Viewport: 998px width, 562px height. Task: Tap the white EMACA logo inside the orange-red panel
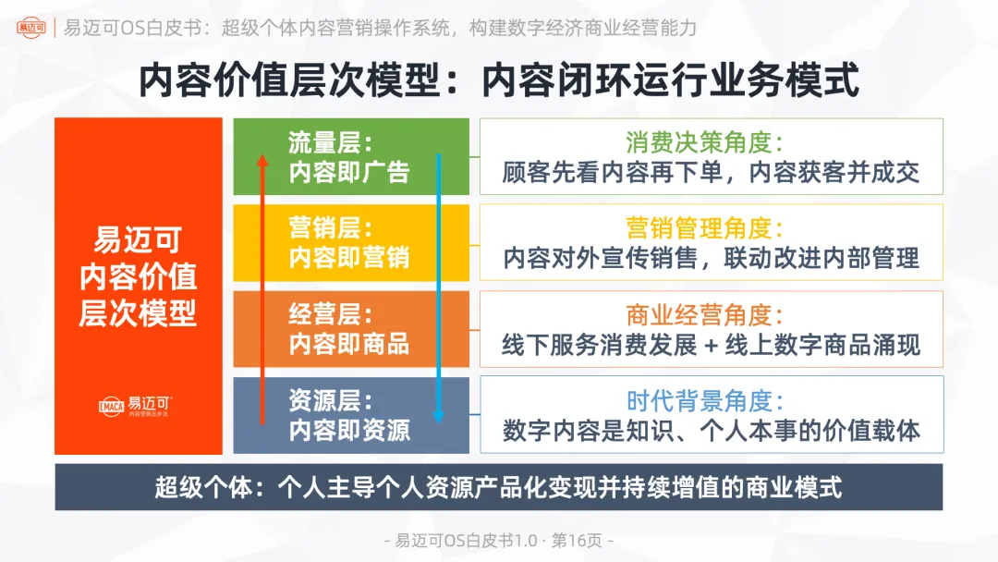[x=138, y=406]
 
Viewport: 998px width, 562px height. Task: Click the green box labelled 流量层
[x=350, y=156]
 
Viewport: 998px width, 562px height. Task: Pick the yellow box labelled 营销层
[x=350, y=242]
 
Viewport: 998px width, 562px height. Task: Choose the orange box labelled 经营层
[x=350, y=328]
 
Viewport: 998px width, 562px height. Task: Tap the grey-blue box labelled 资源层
[x=350, y=415]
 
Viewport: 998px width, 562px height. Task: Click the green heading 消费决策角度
[x=704, y=142]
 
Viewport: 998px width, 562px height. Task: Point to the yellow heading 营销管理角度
[x=704, y=228]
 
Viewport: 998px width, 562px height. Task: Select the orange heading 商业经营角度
[x=704, y=314]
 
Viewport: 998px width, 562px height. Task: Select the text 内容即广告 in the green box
[x=349, y=172]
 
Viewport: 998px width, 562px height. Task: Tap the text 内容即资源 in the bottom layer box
[x=349, y=431]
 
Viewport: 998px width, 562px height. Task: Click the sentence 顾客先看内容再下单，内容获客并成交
[x=711, y=173]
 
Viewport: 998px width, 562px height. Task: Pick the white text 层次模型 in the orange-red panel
[x=139, y=313]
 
